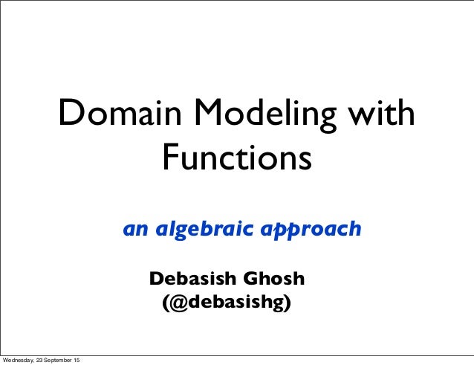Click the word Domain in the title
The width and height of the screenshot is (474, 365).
[118, 115]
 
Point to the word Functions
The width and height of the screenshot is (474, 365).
[236, 158]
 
